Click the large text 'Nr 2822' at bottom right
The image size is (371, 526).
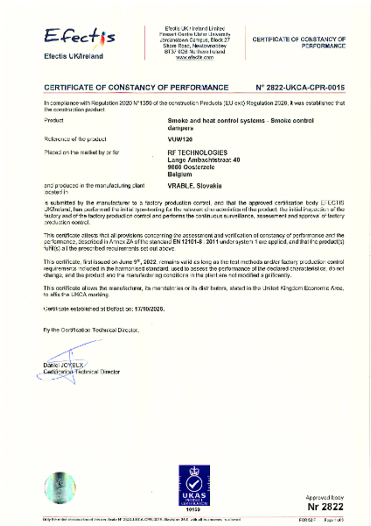pos(324,506)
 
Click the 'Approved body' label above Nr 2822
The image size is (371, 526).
pos(324,495)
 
